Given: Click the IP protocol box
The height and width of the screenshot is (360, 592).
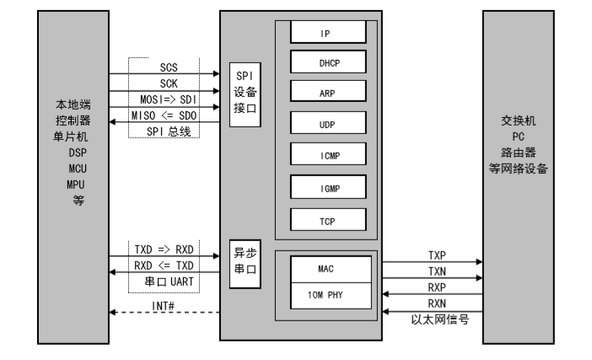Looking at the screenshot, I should (x=328, y=33).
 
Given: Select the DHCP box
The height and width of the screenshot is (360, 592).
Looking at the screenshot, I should (x=328, y=63).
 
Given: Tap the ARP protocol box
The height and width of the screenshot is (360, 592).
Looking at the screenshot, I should (x=328, y=94).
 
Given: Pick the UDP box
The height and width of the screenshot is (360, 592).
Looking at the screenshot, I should (x=328, y=124).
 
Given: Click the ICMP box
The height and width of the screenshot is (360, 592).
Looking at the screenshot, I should (x=328, y=155).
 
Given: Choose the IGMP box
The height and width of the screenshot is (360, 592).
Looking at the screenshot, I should (x=328, y=186).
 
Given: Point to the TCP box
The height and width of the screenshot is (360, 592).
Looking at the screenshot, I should (x=328, y=218).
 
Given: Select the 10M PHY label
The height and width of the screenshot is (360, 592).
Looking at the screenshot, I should (x=328, y=297).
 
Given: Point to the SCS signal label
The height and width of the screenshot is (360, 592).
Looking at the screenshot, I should (x=169, y=67).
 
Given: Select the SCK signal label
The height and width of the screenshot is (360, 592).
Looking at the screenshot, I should (x=169, y=84).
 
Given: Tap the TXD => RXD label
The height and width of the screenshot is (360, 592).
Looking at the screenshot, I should (x=164, y=250).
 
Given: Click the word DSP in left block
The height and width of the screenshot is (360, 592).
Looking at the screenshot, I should (x=74, y=155).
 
